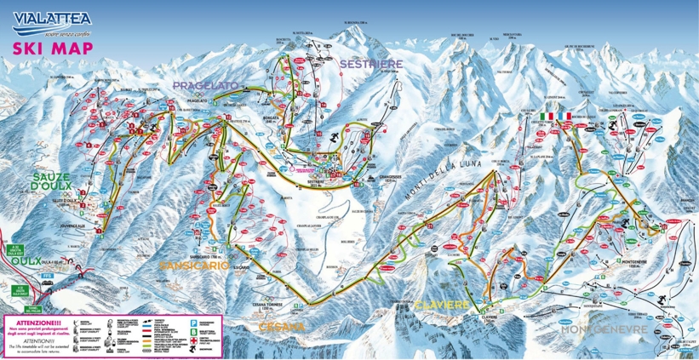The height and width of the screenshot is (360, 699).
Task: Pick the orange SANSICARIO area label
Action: [194, 266]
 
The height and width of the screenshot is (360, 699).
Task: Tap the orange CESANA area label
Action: [282, 326]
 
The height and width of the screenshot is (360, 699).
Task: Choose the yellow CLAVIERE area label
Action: [440, 303]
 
